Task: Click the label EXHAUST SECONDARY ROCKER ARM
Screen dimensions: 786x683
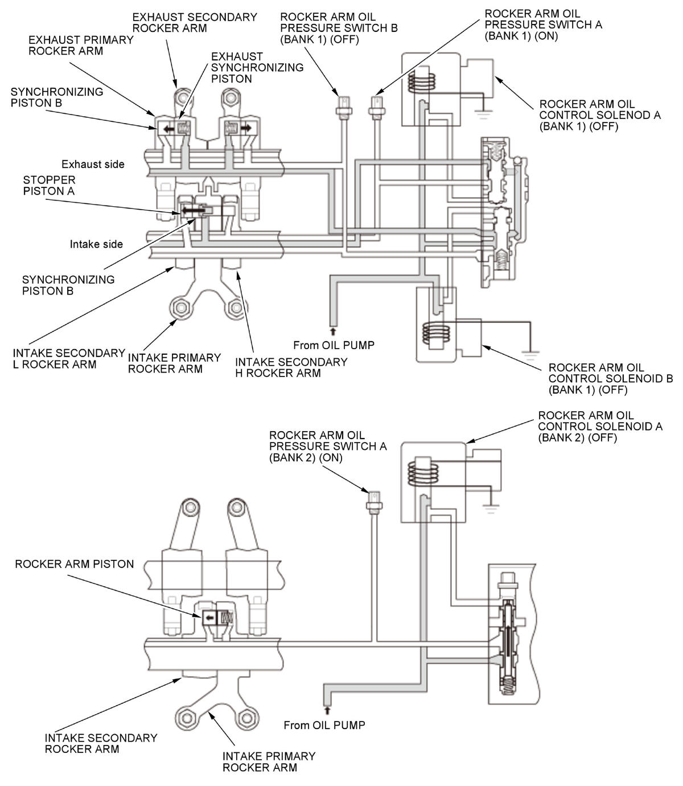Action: coord(195,23)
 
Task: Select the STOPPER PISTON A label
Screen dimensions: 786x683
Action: coord(49,186)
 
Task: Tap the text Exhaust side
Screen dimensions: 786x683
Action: coord(93,165)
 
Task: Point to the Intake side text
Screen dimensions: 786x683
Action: coord(96,244)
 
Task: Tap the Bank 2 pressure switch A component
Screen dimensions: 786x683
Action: coord(374,501)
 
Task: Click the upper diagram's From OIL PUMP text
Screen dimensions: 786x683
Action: coord(334,345)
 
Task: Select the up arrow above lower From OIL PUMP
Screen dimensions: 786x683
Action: coord(327,710)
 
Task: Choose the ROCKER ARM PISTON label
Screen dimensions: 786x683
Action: coord(75,564)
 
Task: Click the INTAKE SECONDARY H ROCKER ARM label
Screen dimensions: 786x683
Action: coord(291,368)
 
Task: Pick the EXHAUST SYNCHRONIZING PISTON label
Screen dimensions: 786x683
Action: coord(257,68)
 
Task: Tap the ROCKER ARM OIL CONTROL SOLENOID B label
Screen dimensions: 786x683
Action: coord(610,379)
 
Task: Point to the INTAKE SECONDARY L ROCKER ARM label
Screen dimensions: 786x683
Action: coord(69,359)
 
